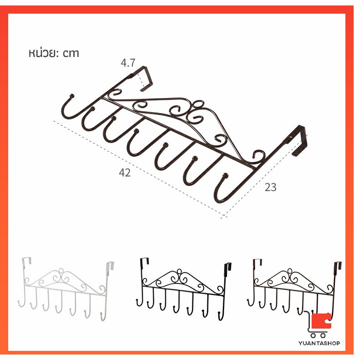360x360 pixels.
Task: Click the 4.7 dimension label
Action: pos(128,63)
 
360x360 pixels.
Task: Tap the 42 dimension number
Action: pos(125,173)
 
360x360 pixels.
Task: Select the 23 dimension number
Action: pos(271,187)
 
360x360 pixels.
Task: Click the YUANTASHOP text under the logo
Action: pos(319,343)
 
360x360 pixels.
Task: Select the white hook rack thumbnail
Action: pos(66,289)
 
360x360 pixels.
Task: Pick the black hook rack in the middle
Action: pos(184,289)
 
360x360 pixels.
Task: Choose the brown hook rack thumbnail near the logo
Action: pos(294,287)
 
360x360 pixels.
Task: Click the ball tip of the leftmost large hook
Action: pos(72,96)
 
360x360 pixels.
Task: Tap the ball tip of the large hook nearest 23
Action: pos(226,175)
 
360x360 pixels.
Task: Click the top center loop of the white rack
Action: pos(61,271)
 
